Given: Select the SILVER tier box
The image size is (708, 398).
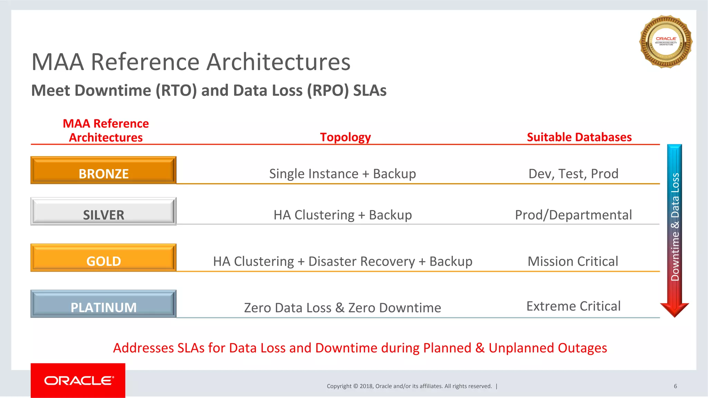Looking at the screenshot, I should coord(103,212).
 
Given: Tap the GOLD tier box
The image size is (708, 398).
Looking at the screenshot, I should coord(103,258).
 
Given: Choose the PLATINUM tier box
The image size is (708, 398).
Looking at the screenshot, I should coord(103,304).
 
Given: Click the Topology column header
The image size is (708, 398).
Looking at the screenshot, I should coord(345,137).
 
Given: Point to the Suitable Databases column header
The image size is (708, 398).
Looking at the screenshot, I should coord(579,137).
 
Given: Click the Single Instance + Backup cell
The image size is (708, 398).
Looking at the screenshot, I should coord(342,174).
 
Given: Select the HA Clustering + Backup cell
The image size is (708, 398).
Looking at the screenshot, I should coord(342,215).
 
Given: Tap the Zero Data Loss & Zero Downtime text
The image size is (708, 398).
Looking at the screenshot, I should coord(342,308).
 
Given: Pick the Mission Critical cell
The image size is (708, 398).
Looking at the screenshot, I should coord(573,261).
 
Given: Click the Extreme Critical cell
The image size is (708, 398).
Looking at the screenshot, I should coord(573,306).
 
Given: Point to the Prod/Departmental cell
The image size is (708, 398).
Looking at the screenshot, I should coord(573,215).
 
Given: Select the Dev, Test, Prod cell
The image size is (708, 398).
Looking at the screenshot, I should coord(573,174).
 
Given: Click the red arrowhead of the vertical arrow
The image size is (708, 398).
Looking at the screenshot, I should coord(674,309).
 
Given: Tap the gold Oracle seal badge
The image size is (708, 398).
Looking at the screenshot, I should coord(666,41).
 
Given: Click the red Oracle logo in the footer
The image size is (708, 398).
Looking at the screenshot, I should coord(78,380).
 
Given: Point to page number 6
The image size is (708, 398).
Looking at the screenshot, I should coord(675,386).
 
